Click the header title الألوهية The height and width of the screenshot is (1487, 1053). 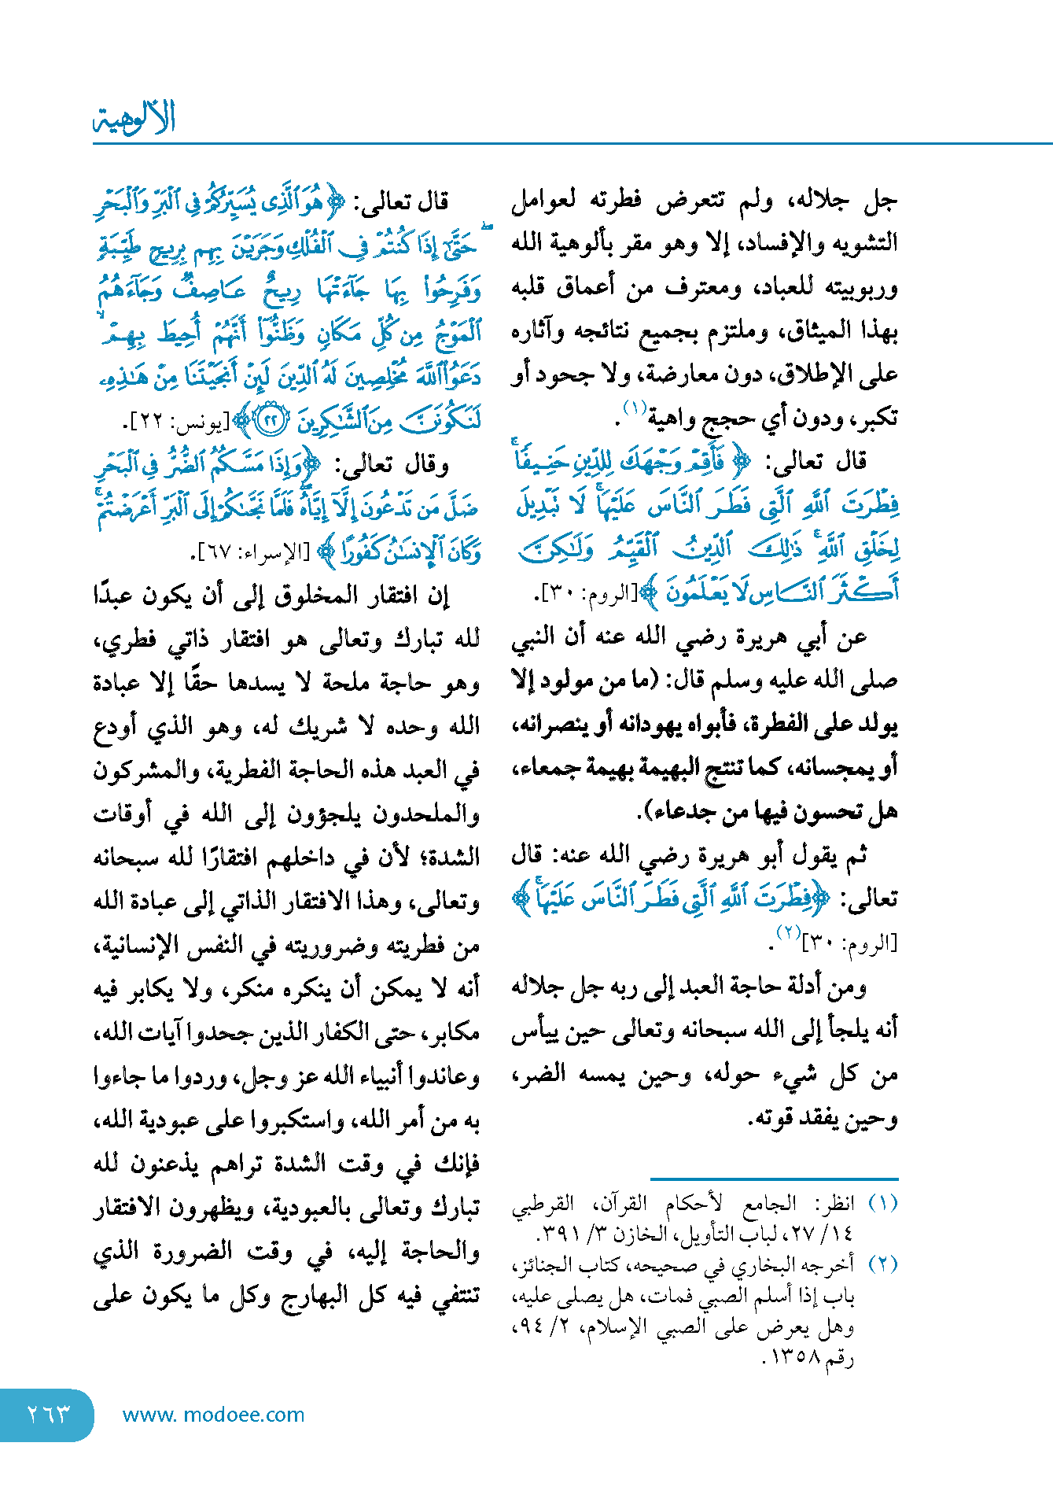pyautogui.click(x=134, y=118)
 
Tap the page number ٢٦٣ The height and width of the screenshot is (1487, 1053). pyautogui.click(x=49, y=1414)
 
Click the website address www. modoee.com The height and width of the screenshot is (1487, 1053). pyautogui.click(x=213, y=1414)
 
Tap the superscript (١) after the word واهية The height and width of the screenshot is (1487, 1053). pyautogui.click(x=635, y=407)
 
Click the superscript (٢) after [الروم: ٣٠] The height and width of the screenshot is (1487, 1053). pyautogui.click(x=787, y=932)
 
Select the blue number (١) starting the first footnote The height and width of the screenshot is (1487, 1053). pyautogui.click(x=882, y=1203)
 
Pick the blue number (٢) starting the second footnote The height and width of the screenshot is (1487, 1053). pyautogui.click(x=882, y=1264)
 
